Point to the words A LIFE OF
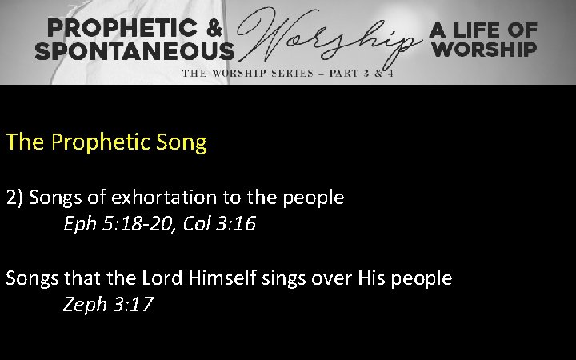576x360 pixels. pyautogui.click(x=484, y=30)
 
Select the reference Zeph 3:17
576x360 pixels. pyautogui.click(x=107, y=306)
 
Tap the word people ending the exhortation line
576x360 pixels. pyautogui.click(x=317, y=198)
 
